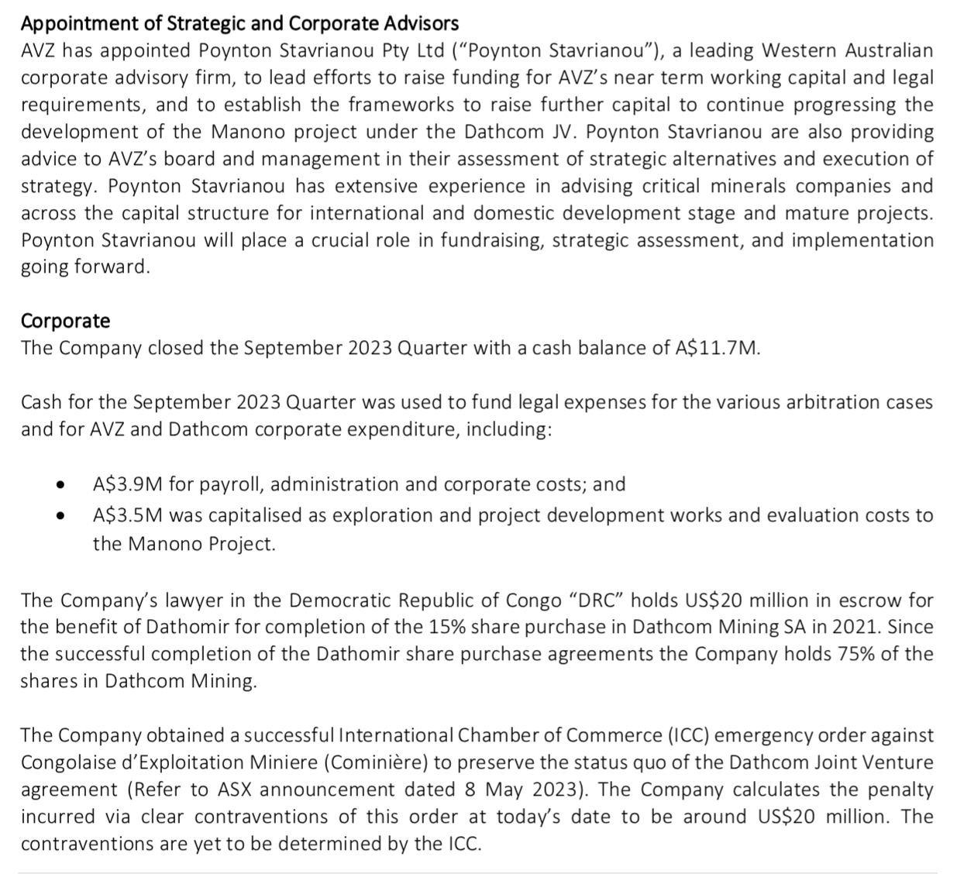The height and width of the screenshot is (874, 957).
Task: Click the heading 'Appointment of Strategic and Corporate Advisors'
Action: click(239, 23)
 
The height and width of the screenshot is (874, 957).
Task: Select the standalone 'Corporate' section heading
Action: click(66, 321)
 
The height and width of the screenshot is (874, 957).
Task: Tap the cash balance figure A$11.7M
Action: click(718, 348)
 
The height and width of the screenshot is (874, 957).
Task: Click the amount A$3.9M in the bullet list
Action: click(128, 484)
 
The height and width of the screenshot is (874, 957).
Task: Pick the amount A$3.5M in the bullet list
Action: click(128, 515)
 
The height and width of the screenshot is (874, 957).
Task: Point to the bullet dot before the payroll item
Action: click(60, 486)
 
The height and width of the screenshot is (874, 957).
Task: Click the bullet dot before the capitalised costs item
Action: click(60, 517)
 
